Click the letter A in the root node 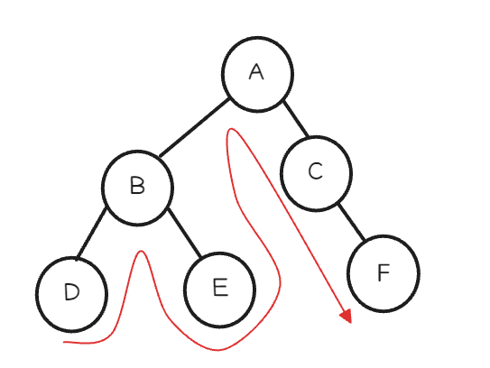(256, 72)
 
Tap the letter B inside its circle (137, 186)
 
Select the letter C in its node (315, 171)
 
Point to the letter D (72, 292)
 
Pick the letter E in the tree (220, 287)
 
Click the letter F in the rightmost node (384, 272)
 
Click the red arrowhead (347, 317)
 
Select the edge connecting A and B (194, 127)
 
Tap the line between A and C (296, 119)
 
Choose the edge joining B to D (91, 233)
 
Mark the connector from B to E (184, 232)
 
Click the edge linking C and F (351, 222)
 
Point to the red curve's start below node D (64, 343)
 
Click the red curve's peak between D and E (142, 251)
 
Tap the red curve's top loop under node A (231, 128)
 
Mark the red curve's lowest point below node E (217, 350)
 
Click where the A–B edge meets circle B (160, 156)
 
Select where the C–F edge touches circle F (365, 240)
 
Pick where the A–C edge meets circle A (283, 101)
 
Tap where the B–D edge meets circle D (77, 258)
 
